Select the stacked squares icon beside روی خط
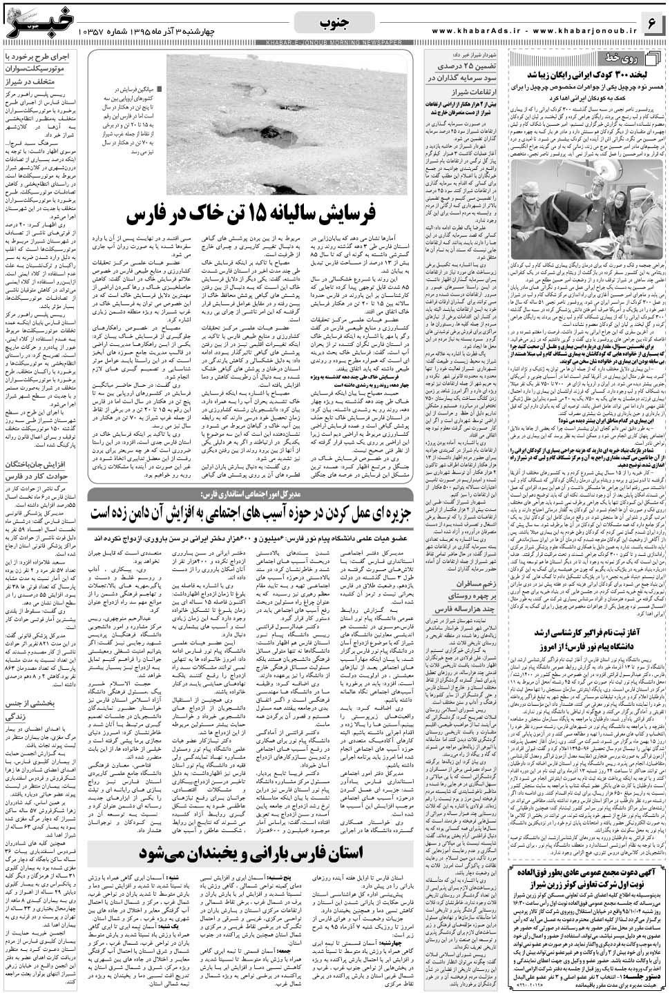click(519, 56)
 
